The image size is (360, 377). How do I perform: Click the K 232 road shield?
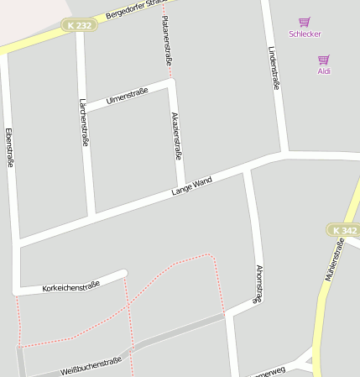[x=79, y=26]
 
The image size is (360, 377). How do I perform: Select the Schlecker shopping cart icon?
[x=305, y=22]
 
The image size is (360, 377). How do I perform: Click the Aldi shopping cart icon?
[x=324, y=60]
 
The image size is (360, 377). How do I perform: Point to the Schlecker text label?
[x=305, y=34]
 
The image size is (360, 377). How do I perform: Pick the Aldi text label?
[x=324, y=71]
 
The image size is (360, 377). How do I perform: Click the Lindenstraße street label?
[x=274, y=68]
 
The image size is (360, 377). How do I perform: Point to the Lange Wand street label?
[x=191, y=186]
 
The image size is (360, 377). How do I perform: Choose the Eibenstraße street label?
[x=9, y=148]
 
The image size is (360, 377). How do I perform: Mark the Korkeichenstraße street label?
[x=70, y=286]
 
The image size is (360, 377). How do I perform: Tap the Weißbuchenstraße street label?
[x=91, y=365]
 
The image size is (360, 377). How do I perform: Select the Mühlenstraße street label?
[x=333, y=259]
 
